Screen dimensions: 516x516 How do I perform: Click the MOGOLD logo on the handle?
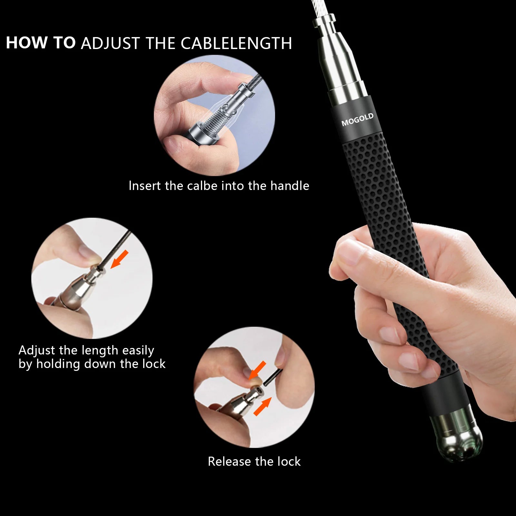(x=357, y=119)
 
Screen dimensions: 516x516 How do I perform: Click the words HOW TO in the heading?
(x=41, y=43)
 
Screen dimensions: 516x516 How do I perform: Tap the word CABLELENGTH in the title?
(x=236, y=43)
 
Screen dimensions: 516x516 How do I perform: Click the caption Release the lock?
(x=254, y=461)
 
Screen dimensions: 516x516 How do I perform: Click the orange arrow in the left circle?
(x=119, y=259)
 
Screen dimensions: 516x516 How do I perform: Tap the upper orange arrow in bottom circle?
(x=258, y=370)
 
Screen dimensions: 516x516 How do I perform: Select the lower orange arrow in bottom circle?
(x=262, y=407)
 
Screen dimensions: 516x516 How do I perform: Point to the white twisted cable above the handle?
(x=321, y=8)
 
